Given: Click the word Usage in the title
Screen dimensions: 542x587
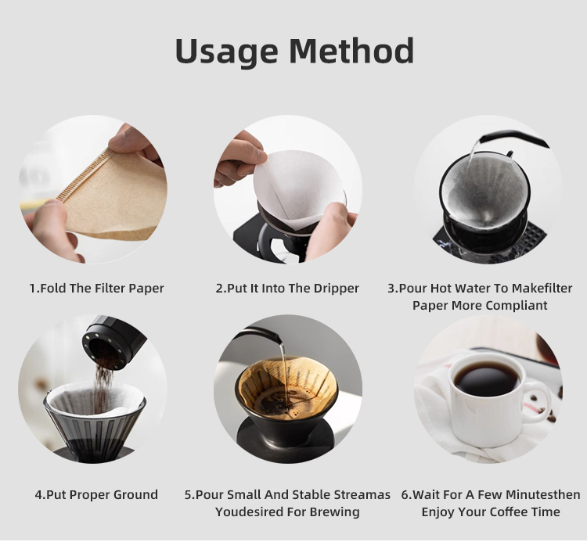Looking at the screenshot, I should (x=225, y=52).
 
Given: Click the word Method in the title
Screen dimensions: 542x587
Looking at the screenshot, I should (x=351, y=52).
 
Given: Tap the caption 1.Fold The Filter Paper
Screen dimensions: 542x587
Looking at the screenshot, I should (x=96, y=289).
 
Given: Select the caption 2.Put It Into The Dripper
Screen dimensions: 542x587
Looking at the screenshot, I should (x=287, y=289).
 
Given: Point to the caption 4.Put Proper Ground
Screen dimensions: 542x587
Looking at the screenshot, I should (x=96, y=495).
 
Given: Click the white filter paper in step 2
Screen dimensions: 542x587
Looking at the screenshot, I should (x=297, y=188).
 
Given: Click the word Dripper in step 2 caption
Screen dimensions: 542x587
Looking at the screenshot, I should (x=335, y=289).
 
